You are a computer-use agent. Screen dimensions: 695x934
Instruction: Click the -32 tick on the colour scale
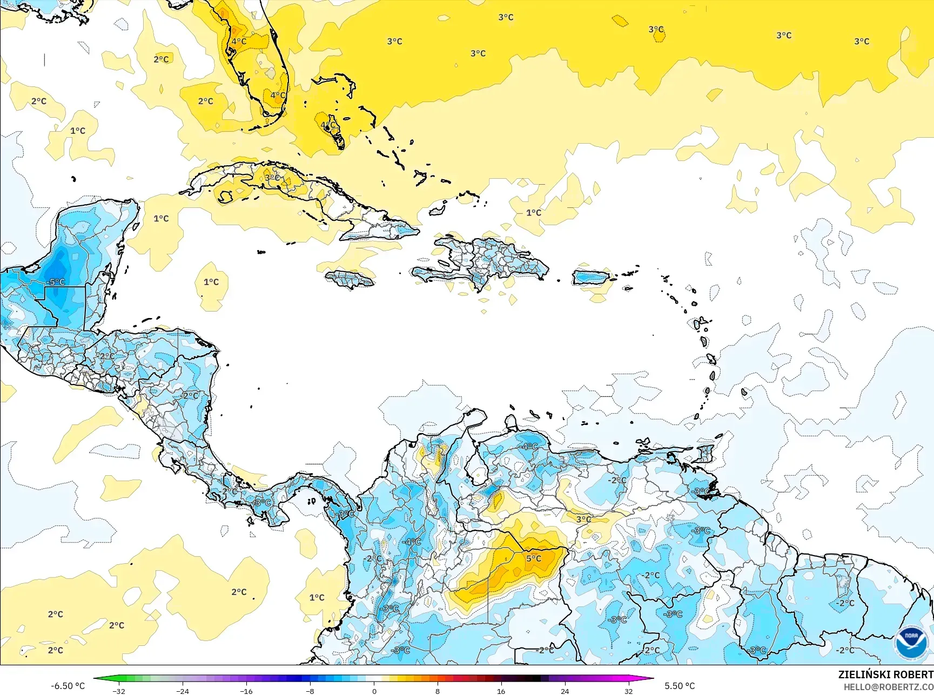coord(119,691)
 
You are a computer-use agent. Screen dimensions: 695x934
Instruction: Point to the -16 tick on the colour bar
coord(246,691)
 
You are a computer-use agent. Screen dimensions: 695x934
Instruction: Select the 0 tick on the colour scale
coord(374,691)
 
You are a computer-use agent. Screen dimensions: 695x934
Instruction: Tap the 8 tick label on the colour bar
coord(438,691)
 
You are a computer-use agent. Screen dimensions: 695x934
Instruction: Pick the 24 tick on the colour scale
coord(565,691)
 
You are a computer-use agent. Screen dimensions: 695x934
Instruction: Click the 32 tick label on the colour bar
coord(628,691)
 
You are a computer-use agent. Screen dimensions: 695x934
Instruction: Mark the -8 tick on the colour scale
coord(310,691)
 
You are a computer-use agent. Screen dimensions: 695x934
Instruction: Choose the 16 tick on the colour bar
coord(501,691)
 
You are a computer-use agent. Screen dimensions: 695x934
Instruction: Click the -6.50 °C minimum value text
coord(68,686)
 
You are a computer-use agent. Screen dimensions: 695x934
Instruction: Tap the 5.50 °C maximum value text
coord(680,686)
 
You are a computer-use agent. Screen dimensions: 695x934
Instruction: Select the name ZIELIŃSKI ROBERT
coord(885,674)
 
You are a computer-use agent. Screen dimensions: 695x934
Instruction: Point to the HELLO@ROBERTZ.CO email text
coord(889,686)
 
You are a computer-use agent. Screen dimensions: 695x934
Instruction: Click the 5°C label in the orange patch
coord(534,558)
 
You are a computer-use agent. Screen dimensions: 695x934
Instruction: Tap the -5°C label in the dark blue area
coord(55,282)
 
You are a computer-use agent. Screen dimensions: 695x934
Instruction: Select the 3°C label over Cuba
coord(272,177)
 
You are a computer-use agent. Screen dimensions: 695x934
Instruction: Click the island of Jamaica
coord(350,279)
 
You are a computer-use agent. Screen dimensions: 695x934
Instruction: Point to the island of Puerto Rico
coord(590,278)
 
